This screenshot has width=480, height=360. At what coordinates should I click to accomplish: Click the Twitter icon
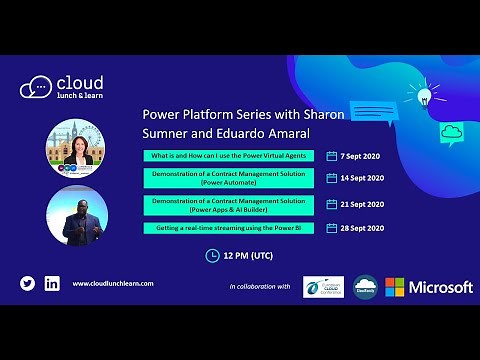(28, 283)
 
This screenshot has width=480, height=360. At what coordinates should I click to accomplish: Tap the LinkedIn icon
(52, 283)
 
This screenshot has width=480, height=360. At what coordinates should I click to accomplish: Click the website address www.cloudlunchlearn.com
(113, 284)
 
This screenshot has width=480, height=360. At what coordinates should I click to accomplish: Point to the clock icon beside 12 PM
(212, 255)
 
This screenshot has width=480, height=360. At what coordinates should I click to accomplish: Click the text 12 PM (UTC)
(249, 255)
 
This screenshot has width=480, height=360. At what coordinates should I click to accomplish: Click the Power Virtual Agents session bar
(229, 155)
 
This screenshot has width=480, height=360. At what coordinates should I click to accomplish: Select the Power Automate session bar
(229, 178)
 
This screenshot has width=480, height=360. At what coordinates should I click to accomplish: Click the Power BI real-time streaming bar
(229, 228)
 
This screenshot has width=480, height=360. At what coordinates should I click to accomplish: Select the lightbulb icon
(423, 96)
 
